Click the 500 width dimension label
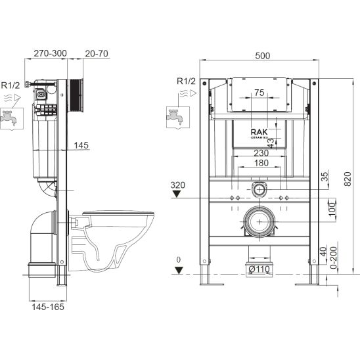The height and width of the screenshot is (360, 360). [x=262, y=56]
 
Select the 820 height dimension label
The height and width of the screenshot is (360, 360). [x=348, y=179]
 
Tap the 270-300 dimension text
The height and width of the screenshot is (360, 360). [x=51, y=53]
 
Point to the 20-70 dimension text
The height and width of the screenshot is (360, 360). [x=97, y=53]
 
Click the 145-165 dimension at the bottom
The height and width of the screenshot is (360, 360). [x=48, y=307]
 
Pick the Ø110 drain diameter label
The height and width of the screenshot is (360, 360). [x=259, y=269]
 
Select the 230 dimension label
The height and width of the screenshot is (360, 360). [x=261, y=153]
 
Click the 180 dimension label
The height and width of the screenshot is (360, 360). [x=261, y=163]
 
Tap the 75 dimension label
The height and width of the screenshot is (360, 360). [x=259, y=93]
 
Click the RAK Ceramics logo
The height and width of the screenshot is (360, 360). [x=259, y=133]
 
